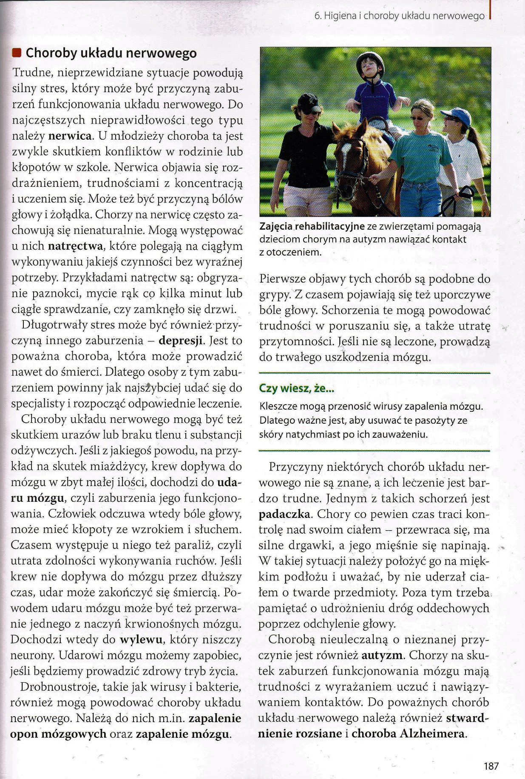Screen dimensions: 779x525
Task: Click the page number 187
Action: (x=491, y=766)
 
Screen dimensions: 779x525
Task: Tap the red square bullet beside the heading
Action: (x=17, y=53)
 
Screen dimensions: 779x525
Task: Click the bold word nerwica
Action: (x=71, y=136)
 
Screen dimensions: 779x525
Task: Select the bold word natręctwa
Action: (x=76, y=246)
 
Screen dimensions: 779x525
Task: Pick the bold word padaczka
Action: (x=284, y=514)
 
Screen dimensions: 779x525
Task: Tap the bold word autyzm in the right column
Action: (x=382, y=655)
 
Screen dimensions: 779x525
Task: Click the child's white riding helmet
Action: (x=369, y=59)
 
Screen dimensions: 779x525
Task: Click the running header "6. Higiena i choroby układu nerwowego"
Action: (x=399, y=16)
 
